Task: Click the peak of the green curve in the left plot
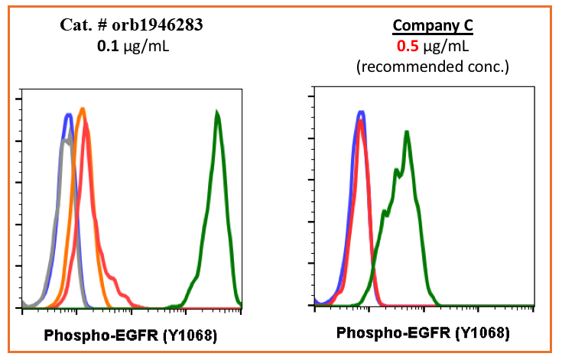[x=218, y=114]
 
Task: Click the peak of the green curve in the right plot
[x=407, y=132]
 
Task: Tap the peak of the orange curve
[x=82, y=109]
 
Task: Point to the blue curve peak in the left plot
[x=68, y=115]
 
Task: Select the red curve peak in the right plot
[x=360, y=121]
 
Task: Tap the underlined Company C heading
[x=433, y=28]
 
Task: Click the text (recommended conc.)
[x=433, y=66]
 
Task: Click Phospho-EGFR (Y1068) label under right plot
[x=423, y=333]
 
